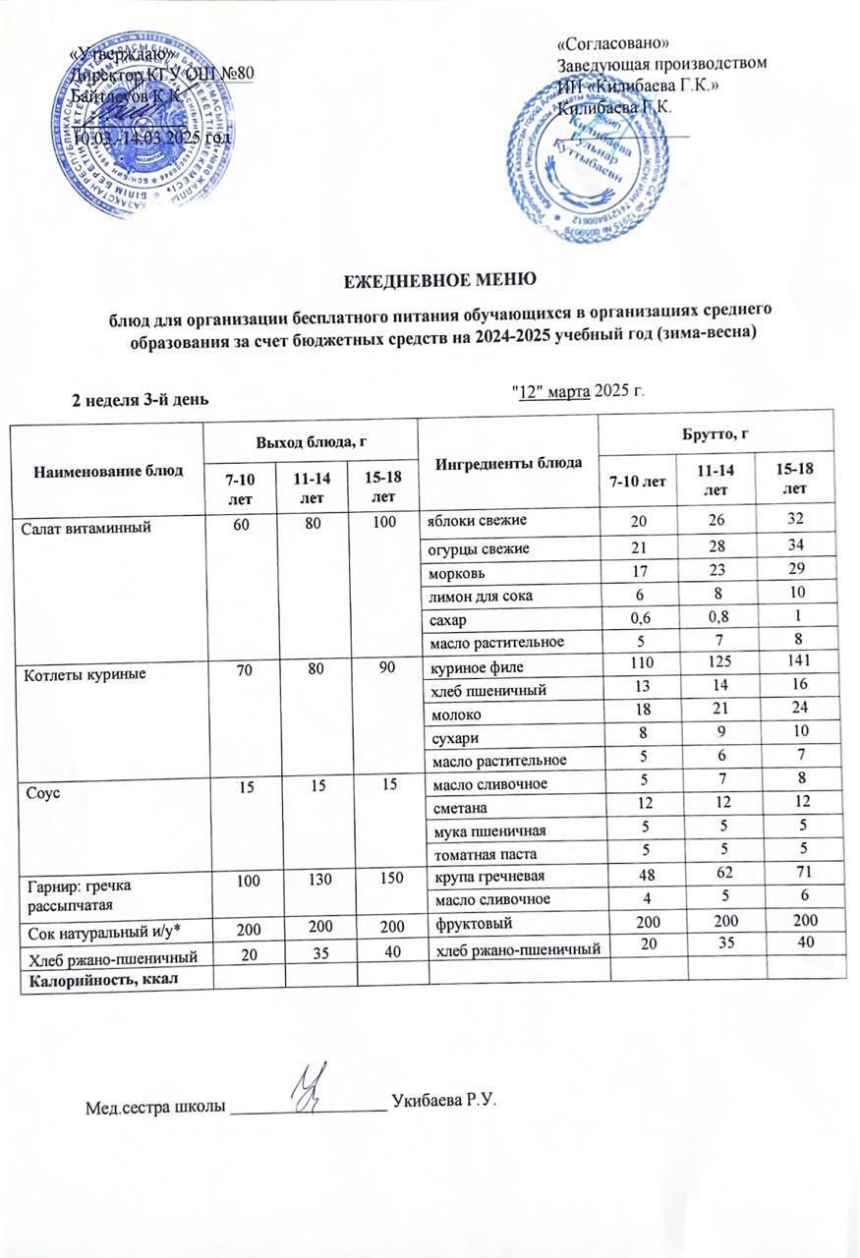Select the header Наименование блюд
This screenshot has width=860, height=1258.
coord(109,470)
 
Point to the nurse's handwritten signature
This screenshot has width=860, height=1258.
coord(316,1084)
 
